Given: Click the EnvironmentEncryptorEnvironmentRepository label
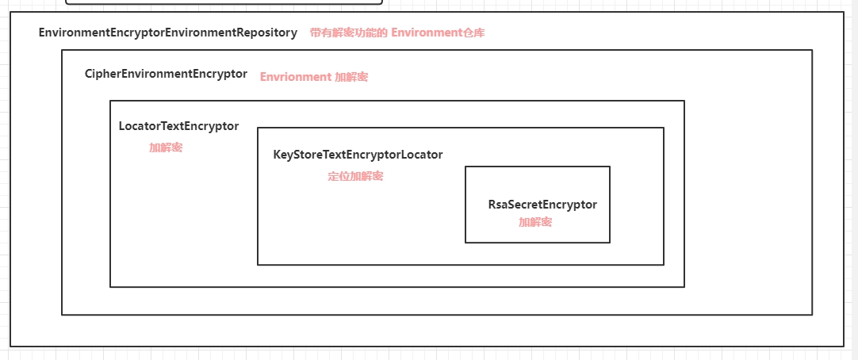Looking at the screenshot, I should tap(167, 33).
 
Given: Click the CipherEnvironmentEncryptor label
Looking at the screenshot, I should tap(166, 74).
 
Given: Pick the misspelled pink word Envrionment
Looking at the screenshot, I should tap(295, 77).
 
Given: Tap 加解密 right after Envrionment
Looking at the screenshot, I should tap(351, 77).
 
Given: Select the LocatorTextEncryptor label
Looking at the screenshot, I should tap(178, 126).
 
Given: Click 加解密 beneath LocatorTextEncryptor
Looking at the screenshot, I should tap(166, 147).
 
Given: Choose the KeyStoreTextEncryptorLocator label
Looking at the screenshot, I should tap(358, 155).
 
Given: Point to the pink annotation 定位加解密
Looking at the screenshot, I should tap(355, 176).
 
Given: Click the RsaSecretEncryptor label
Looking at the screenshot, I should tap(542, 205).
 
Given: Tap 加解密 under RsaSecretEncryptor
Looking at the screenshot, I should tap(535, 222).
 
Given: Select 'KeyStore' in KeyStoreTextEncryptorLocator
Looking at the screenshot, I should tap(298, 155).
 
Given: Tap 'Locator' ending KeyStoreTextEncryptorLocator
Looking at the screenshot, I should tap(421, 155).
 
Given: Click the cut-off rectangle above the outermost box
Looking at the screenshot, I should tap(224, 2).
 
